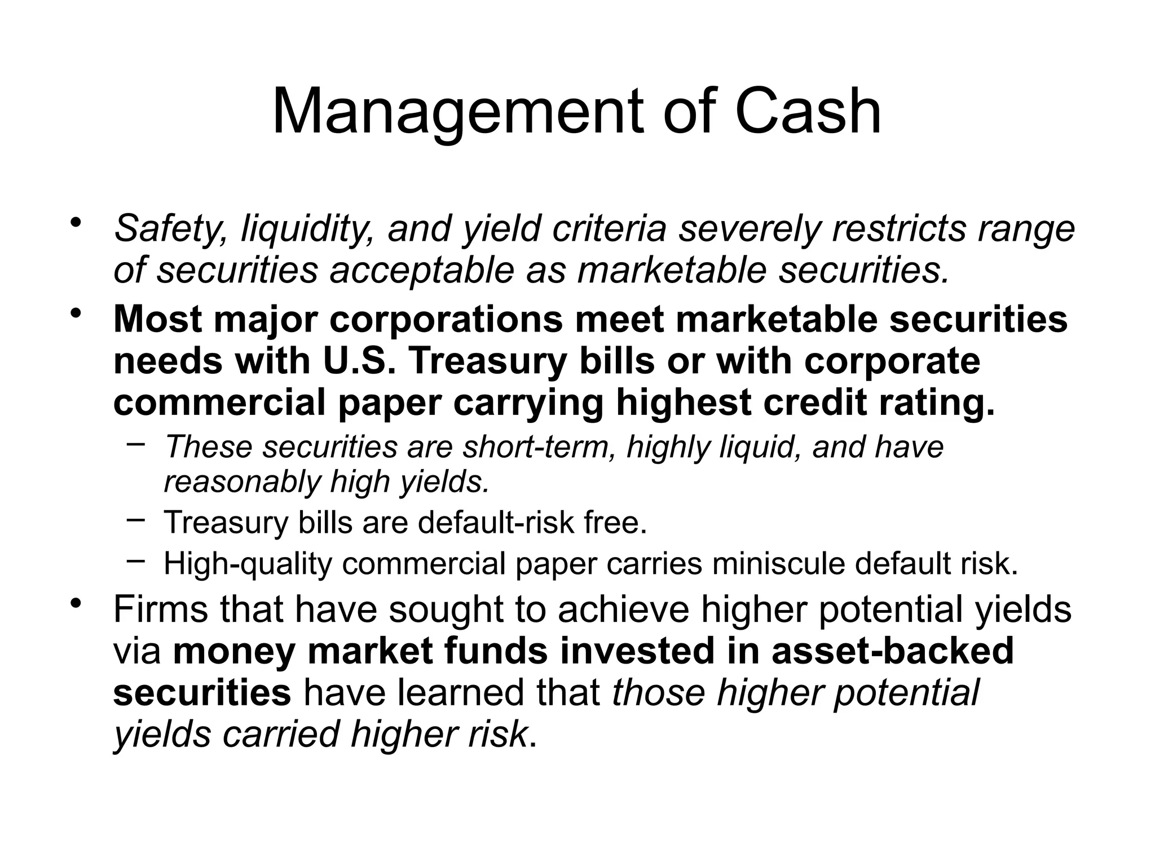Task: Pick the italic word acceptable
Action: tap(422, 271)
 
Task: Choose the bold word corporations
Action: tap(446, 320)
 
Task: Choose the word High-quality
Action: tap(248, 564)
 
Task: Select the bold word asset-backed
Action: tap(892, 651)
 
